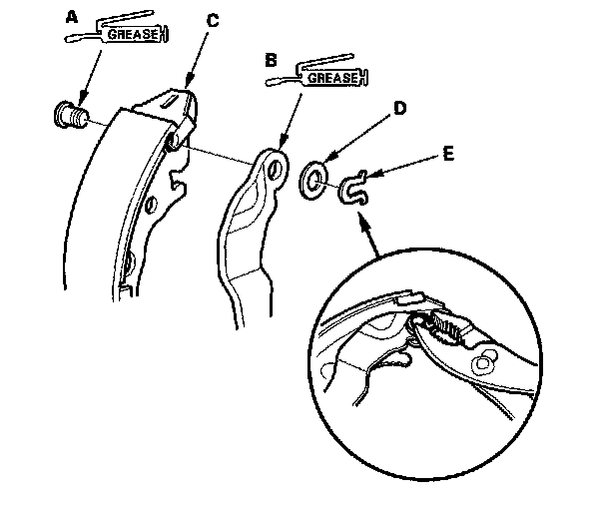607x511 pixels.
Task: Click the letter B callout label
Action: click(270, 61)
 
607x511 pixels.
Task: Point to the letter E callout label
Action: click(446, 155)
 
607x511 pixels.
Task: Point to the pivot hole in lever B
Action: click(272, 166)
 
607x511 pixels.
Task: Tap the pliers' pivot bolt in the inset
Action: click(487, 354)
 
